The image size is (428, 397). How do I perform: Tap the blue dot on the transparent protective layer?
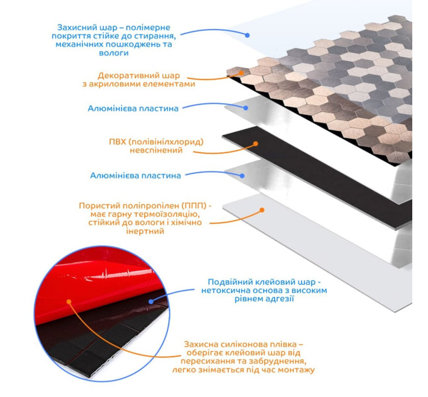pyautogui.click(x=247, y=35)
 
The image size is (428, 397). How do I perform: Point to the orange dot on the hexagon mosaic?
pyautogui.click(x=241, y=73)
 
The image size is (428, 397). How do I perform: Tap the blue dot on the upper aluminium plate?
pyautogui.click(x=245, y=108)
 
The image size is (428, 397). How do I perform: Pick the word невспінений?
pyautogui.click(x=156, y=151)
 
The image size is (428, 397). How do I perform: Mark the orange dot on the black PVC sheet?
pyautogui.click(x=256, y=144)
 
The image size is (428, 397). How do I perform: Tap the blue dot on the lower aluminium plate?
pyautogui.click(x=242, y=176)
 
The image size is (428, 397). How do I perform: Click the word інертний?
pyautogui.click(x=145, y=231)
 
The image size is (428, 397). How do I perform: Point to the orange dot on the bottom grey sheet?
pyautogui.click(x=262, y=210)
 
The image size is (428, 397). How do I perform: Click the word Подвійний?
pyautogui.click(x=228, y=282)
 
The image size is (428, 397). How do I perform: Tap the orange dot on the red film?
pyautogui.click(x=69, y=302)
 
